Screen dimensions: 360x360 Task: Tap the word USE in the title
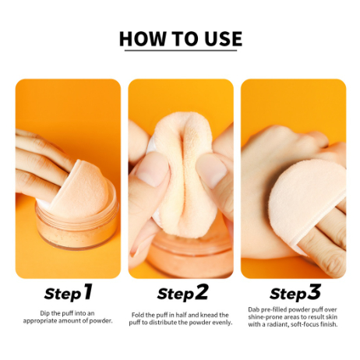pos(223,39)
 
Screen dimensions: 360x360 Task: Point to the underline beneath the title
pos(181,50)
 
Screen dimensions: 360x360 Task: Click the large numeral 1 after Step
pos(87,291)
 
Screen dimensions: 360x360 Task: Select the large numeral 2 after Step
pos(202,291)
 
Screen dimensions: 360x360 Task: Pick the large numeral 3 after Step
pos(314,291)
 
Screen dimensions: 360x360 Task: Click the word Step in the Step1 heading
pos(63,294)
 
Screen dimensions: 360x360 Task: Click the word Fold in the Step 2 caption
pos(137,315)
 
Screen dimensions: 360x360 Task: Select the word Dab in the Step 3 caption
pos(253,309)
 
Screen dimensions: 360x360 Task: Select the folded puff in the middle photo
pos(185,174)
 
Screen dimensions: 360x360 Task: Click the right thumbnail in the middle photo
pos(211,170)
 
